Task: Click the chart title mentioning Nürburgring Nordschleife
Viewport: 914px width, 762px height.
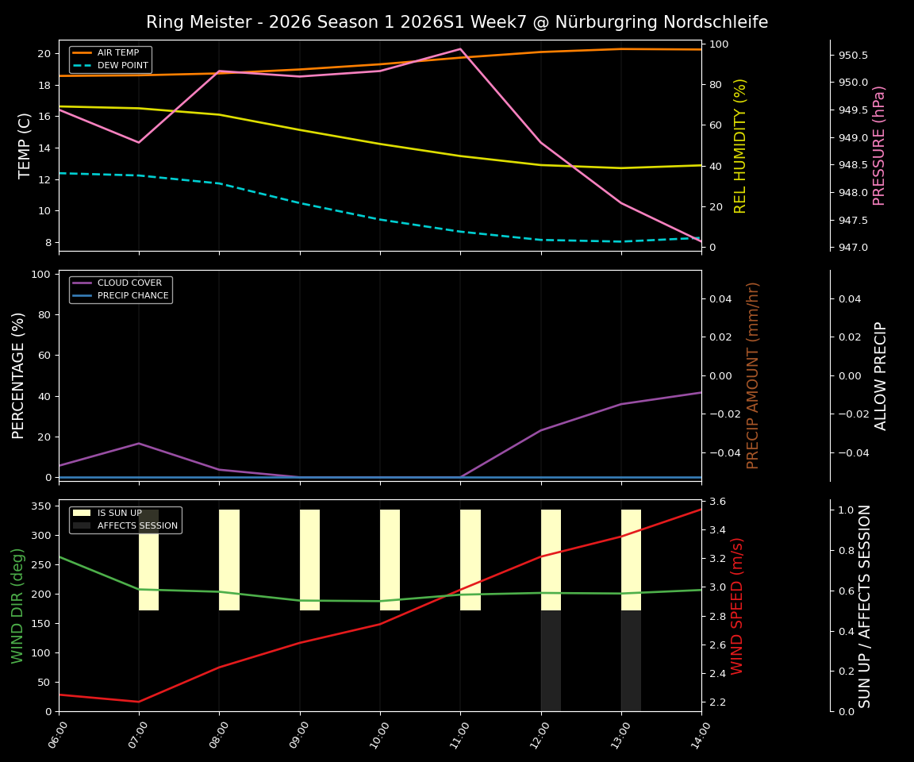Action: pos(457,22)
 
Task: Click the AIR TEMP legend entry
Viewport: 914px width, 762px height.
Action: pos(117,53)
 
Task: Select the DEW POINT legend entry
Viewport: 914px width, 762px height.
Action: pos(122,66)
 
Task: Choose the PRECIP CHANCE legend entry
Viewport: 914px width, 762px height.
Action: pos(132,296)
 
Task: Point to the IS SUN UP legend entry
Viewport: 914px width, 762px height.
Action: pos(119,514)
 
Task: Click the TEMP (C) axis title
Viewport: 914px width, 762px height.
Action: pos(25,145)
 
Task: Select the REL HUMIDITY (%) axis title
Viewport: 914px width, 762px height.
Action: pos(740,145)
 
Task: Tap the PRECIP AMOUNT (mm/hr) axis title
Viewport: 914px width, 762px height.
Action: pos(753,375)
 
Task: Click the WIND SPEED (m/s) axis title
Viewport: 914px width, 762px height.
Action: pos(737,605)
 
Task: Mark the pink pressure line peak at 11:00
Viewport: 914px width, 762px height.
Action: pos(460,49)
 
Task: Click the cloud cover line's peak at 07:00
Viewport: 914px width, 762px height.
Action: pos(139,443)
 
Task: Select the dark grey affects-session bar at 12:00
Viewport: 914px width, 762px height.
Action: pos(551,660)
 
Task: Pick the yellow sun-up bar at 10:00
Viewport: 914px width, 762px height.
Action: pos(390,560)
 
